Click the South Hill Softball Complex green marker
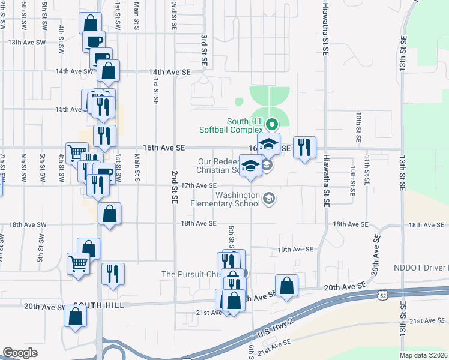click(271, 125)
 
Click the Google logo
click(20, 353)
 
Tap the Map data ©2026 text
click(424, 355)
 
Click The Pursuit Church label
click(191, 274)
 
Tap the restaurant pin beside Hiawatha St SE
click(304, 148)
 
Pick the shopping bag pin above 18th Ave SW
click(109, 214)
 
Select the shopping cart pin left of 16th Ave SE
click(76, 154)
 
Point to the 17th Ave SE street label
click(199, 186)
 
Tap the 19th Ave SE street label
click(295, 249)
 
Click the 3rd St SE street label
click(204, 50)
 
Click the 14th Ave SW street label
click(74, 71)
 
